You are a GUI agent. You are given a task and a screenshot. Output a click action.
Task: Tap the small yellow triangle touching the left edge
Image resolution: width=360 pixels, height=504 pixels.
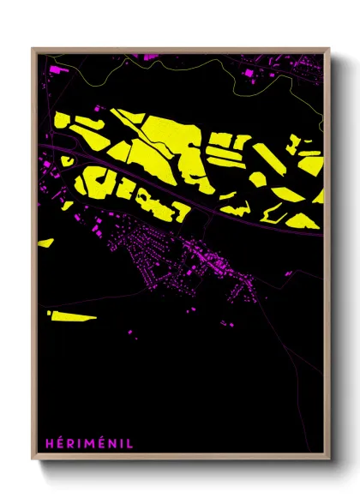[43, 243]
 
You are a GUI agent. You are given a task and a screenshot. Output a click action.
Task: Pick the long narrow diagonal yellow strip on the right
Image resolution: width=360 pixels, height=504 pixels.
[265, 159]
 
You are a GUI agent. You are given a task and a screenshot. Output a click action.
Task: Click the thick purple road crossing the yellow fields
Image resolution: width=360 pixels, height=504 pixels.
[197, 207]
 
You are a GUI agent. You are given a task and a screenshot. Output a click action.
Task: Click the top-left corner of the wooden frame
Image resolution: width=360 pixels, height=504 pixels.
[33, 49]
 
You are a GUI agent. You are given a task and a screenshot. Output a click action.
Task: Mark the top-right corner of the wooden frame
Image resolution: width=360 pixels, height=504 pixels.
[329, 49]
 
